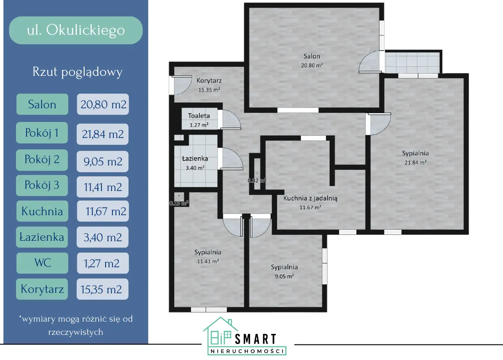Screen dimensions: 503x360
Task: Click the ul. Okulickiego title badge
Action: click(76, 30)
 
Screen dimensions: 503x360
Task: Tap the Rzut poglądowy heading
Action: click(77, 72)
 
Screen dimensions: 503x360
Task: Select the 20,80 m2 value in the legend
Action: click(103, 104)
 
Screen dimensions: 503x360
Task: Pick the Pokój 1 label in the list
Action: click(42, 133)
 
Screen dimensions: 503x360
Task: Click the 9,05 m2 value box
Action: click(103, 161)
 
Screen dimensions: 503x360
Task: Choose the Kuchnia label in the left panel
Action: click(42, 211)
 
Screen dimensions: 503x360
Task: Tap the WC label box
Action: click(42, 263)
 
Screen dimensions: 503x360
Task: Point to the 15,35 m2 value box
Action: click(103, 289)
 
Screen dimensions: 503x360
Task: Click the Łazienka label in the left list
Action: click(42, 237)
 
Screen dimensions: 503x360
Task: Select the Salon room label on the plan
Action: click(312, 56)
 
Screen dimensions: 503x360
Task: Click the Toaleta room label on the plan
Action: click(199, 116)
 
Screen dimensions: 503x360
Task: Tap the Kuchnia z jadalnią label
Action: click(310, 198)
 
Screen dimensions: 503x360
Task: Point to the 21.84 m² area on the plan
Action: click(415, 163)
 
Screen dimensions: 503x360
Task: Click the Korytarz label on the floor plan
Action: click(209, 80)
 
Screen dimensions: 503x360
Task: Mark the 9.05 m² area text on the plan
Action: click(284, 276)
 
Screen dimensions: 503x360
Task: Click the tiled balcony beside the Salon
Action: click(412, 63)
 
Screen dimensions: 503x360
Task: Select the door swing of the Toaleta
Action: click(230, 120)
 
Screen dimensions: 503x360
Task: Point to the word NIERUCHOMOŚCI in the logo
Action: click(247, 351)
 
